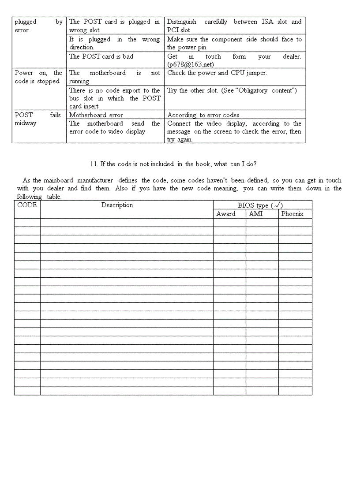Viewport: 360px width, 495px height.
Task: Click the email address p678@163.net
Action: pos(191,64)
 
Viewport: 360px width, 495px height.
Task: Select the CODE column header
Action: pos(27,205)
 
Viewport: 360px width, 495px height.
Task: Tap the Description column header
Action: pos(117,205)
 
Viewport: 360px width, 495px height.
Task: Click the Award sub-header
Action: pos(225,214)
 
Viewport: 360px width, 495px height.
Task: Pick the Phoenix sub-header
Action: pos(292,214)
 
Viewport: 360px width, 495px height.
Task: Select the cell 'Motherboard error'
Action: pos(96,115)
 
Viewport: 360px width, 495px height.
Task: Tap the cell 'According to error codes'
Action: pos(203,115)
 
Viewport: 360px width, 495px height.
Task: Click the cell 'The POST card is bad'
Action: pos(101,56)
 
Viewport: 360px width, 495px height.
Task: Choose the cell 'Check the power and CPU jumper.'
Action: pos(217,73)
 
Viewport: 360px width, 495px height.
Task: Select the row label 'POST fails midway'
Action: pos(37,119)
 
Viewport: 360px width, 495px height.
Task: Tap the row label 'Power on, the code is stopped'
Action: pos(38,77)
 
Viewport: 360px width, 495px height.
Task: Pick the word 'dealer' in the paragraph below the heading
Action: pos(55,188)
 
